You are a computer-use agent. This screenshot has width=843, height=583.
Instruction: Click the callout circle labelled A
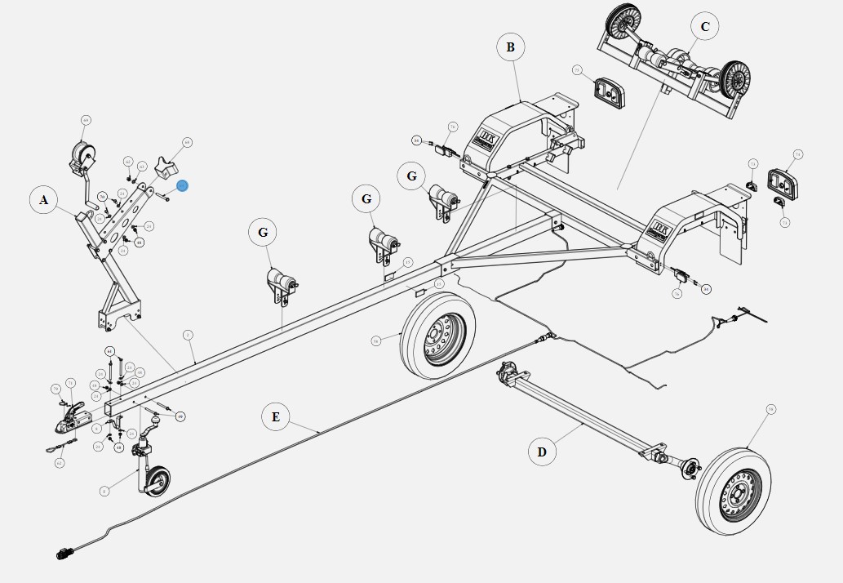pyautogui.click(x=44, y=200)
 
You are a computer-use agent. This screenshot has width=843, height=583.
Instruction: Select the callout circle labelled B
pyautogui.click(x=510, y=47)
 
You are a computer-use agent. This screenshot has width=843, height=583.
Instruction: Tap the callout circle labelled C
pyautogui.click(x=705, y=27)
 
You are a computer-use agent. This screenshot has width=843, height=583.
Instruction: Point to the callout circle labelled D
pyautogui.click(x=542, y=452)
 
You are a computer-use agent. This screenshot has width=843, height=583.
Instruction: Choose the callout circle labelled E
pyautogui.click(x=276, y=417)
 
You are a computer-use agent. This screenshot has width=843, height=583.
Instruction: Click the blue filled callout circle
pyautogui.click(x=183, y=186)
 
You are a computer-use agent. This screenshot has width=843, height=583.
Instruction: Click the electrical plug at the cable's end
pyautogui.click(x=64, y=555)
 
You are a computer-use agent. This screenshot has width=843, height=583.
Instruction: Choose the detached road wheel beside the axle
pyautogui.click(x=734, y=489)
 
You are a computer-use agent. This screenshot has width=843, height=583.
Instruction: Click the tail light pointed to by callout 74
pyautogui.click(x=781, y=180)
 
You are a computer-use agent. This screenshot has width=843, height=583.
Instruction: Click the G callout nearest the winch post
pyautogui.click(x=263, y=233)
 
